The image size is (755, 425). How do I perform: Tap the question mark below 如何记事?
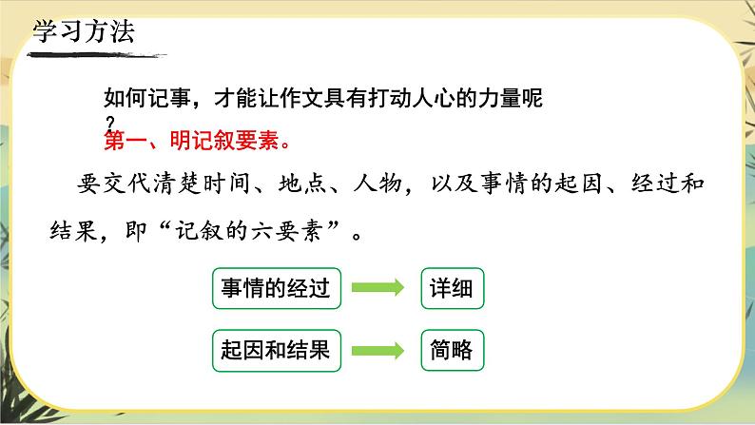tap(110, 123)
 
